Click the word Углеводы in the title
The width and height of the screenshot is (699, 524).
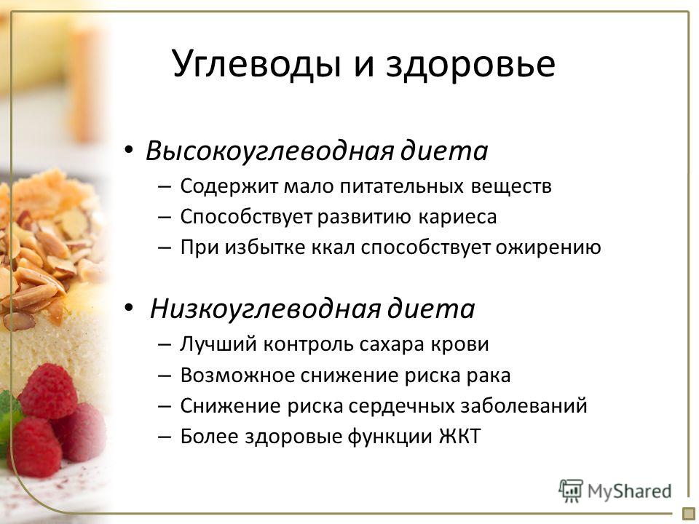[257, 65]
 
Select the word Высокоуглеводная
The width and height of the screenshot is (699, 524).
[269, 151]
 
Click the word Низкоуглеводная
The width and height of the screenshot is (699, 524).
[265, 309]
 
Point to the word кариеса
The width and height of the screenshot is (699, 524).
[457, 218]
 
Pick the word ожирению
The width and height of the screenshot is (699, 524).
[548, 247]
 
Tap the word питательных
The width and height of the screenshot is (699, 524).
[402, 186]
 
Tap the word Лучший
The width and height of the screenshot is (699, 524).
[218, 344]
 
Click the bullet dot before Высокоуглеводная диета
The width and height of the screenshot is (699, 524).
[129, 150]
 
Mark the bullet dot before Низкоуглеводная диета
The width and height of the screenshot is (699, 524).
[129, 307]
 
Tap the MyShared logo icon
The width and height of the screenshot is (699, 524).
[571, 491]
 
